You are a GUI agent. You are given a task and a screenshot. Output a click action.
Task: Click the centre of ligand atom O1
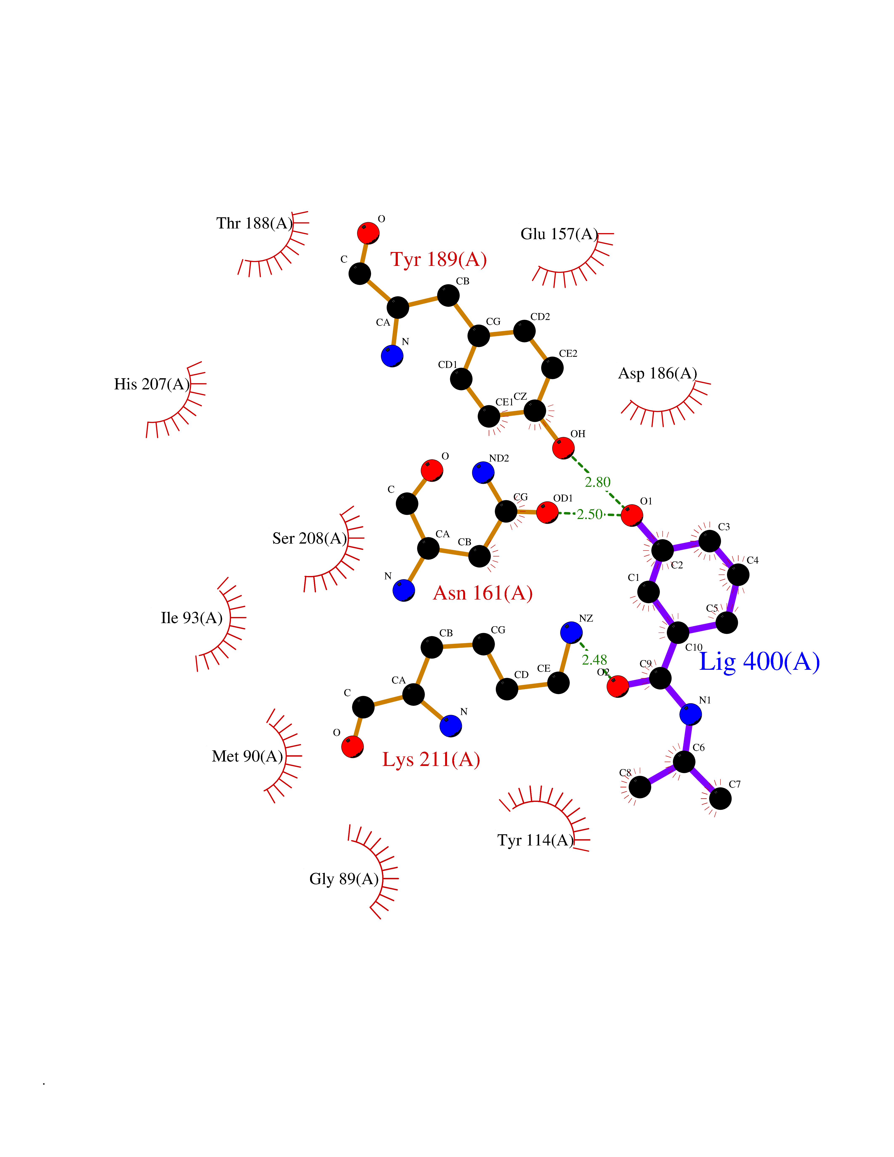point(632,515)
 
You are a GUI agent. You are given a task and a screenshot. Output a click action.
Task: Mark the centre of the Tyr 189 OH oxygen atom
point(563,448)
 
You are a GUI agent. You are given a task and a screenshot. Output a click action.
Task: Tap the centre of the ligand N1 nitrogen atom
point(691,714)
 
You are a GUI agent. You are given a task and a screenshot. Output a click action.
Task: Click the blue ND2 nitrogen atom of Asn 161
point(483,472)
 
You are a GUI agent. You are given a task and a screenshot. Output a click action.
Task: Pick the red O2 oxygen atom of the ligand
point(618,687)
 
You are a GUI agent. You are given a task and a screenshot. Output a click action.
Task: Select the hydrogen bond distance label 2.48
point(594,659)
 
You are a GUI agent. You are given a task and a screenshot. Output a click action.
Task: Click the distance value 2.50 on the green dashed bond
point(589,514)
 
